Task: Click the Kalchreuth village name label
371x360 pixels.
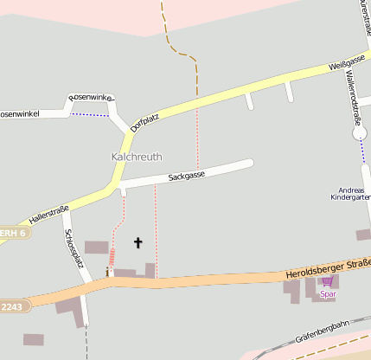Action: (x=136, y=157)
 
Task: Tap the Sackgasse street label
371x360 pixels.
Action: (x=186, y=176)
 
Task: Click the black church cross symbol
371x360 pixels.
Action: (x=138, y=243)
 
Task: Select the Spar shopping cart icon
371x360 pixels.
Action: (x=327, y=281)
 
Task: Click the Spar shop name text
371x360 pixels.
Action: (x=327, y=294)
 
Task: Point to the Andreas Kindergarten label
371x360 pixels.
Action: (x=351, y=193)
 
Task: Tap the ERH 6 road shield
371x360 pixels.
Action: (x=12, y=233)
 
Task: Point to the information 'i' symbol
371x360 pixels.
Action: (x=107, y=272)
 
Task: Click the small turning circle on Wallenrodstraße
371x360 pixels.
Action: (x=360, y=133)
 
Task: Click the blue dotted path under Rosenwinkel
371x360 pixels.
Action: (x=92, y=114)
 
